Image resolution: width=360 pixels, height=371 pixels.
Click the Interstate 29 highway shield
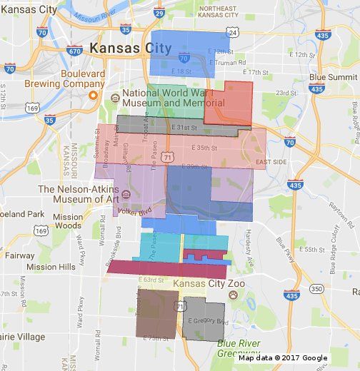(x=159, y=13)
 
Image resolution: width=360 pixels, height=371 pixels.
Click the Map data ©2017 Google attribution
(x=283, y=358)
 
